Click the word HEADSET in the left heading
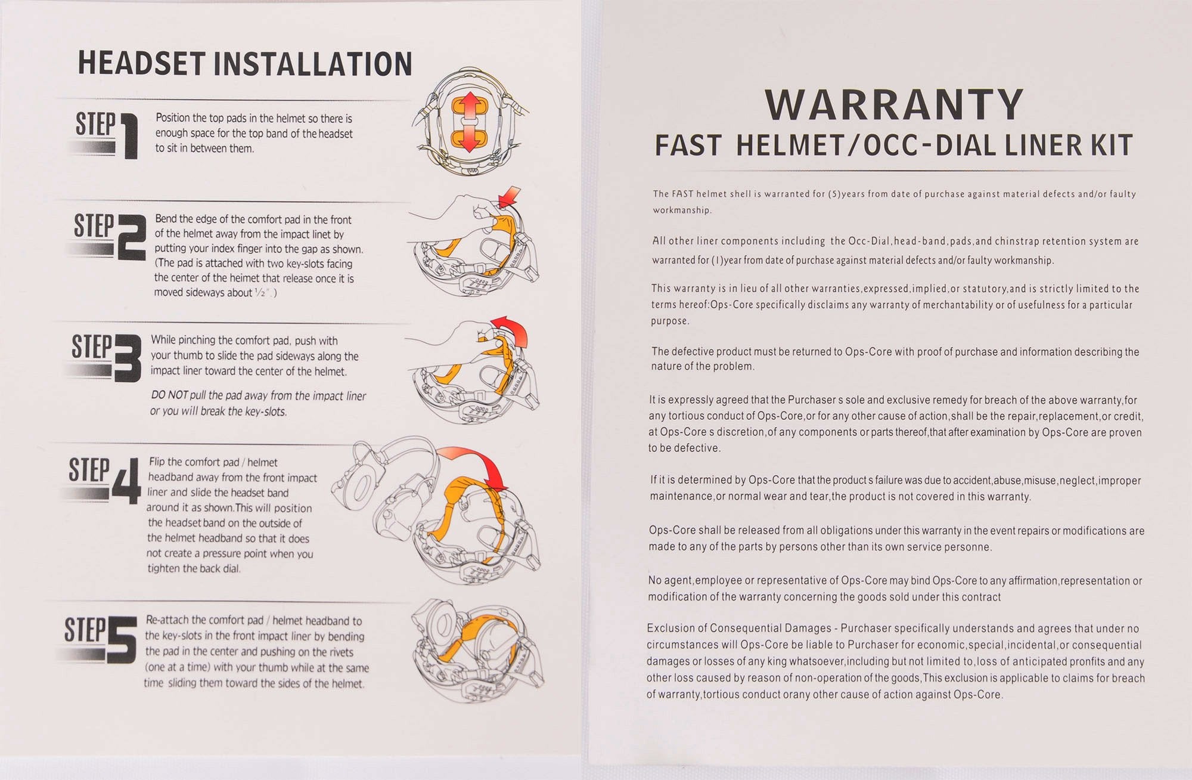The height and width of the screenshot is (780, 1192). pos(142,63)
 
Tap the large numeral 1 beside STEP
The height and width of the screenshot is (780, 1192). pos(130,137)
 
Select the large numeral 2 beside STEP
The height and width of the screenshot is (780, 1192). pos(131,237)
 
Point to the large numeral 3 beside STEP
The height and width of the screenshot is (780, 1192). pos(128,358)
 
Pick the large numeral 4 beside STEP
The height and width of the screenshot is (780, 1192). pos(127,481)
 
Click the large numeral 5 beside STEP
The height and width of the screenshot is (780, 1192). pos(122,639)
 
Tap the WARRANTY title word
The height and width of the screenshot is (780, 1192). pos(894,105)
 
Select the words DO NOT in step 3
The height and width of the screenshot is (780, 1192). pos(170,395)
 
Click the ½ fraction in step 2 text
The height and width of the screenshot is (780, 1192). pos(260,292)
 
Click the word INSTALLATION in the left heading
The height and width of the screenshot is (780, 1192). pos(313,64)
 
